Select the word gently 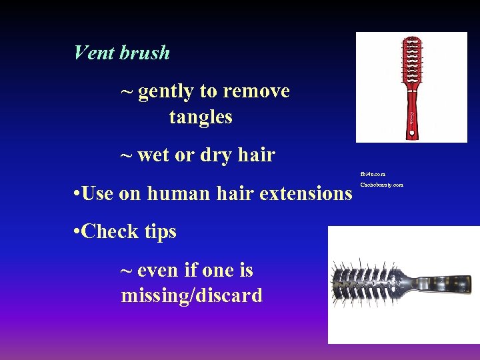pos(166,91)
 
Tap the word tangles pos(201,117)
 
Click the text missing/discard pos(192,295)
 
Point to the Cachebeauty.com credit pos(381,185)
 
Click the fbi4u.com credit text pos(373,174)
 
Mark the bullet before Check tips pos(78,232)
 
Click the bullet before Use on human pos(78,194)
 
